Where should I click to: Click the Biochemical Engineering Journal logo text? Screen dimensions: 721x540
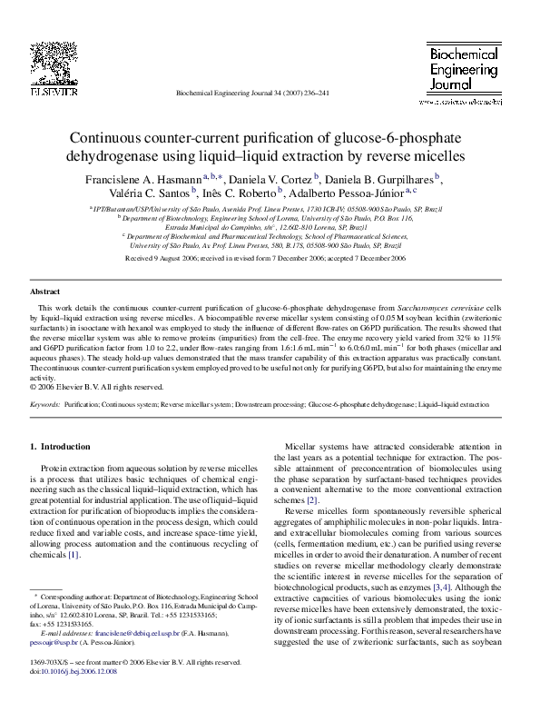point(465,70)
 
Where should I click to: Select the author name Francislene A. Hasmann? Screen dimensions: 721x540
point(142,179)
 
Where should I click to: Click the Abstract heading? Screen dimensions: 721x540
point(45,292)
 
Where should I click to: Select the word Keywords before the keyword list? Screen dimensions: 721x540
point(45,402)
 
